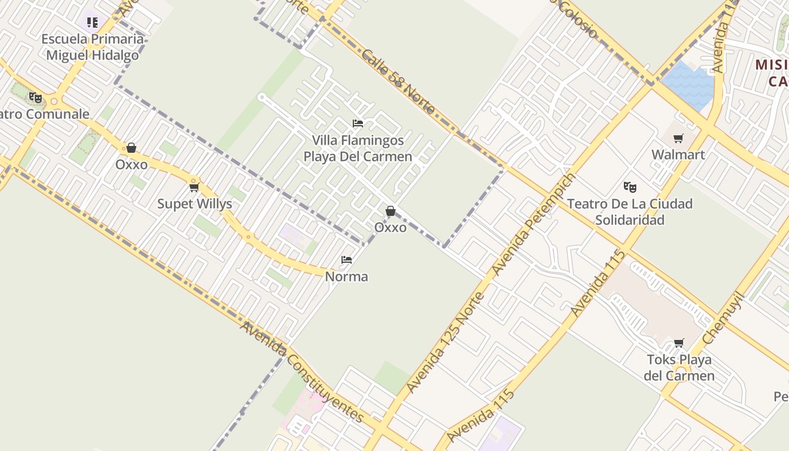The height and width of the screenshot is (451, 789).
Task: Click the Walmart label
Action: (x=678, y=154)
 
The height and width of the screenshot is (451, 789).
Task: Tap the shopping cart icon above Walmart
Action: (x=679, y=138)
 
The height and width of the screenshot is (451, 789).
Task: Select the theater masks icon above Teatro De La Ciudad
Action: (x=630, y=187)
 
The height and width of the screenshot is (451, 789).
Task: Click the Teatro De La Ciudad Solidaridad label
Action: (x=630, y=211)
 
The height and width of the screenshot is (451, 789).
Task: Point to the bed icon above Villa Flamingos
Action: (x=358, y=123)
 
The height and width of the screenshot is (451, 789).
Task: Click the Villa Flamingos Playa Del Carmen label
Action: (x=358, y=148)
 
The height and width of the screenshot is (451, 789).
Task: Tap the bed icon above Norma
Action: (x=347, y=260)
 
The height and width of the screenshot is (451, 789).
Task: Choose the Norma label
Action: (x=347, y=276)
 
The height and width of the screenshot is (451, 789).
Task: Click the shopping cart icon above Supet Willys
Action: (x=194, y=187)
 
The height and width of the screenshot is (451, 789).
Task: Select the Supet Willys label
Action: (x=194, y=204)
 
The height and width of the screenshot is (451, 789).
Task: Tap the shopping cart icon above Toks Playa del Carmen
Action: (x=679, y=343)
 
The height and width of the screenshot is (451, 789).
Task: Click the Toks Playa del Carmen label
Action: (x=679, y=368)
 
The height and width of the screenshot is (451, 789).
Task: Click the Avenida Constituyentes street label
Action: (x=302, y=372)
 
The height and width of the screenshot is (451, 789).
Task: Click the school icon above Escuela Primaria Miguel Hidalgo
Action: (x=92, y=23)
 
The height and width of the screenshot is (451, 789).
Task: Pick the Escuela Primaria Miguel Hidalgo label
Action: (x=93, y=47)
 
